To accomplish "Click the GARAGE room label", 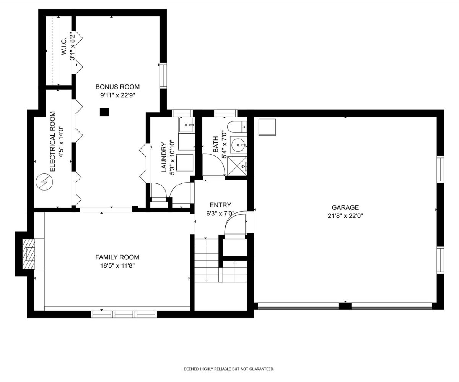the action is pyautogui.click(x=345, y=207).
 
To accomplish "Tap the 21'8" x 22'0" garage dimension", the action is pyautogui.click(x=345, y=216).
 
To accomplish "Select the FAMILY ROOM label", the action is pyautogui.click(x=117, y=257).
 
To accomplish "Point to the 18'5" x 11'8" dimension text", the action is pyautogui.click(x=117, y=266).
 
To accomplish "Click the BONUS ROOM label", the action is pyautogui.click(x=117, y=87).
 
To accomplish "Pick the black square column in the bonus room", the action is pyautogui.click(x=104, y=112).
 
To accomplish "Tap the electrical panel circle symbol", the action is pyautogui.click(x=44, y=182).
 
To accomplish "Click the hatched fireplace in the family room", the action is pyautogui.click(x=29, y=254).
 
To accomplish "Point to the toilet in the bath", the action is pyautogui.click(x=237, y=127).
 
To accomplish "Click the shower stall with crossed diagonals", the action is pyautogui.click(x=237, y=166).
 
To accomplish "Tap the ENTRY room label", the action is pyautogui.click(x=220, y=205).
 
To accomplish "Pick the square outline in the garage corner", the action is pyautogui.click(x=267, y=127).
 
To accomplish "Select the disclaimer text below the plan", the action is pyautogui.click(x=229, y=369).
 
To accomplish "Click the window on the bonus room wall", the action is pyautogui.click(x=163, y=76).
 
